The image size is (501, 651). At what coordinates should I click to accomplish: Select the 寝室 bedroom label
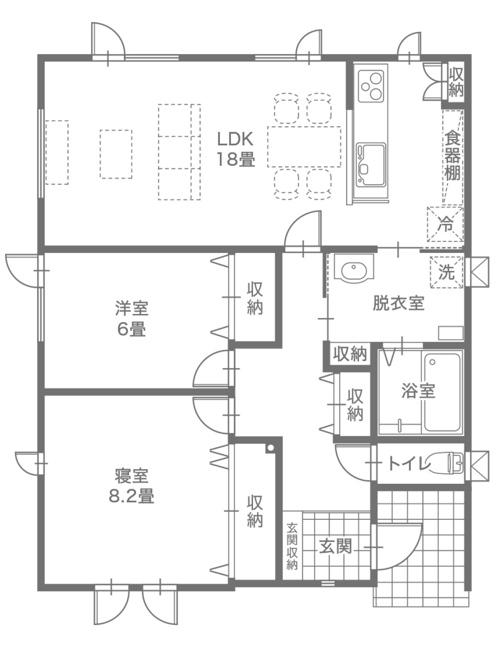tap(132, 476)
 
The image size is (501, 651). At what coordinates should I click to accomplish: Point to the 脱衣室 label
tap(398, 303)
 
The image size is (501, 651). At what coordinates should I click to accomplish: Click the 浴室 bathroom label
tap(418, 391)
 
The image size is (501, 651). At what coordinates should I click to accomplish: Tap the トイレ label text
tap(408, 464)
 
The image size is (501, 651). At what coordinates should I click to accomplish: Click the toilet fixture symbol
tap(446, 463)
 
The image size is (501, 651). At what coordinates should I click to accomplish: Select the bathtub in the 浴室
tap(442, 393)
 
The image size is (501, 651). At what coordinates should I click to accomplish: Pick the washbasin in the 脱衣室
tap(354, 267)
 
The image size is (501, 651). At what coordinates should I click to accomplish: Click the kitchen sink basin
tap(371, 164)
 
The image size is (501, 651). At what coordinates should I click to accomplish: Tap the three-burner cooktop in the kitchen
tap(371, 86)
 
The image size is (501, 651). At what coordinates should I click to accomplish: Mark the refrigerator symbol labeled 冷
tap(445, 224)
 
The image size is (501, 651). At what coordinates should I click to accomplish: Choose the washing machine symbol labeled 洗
tap(446, 272)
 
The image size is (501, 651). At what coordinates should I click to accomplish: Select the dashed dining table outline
tap(304, 147)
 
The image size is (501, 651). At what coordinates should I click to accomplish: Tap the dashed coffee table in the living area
tap(116, 154)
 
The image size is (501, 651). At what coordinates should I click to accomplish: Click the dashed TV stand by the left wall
tap(57, 153)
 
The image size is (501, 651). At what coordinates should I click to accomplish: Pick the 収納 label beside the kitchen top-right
tap(456, 83)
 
